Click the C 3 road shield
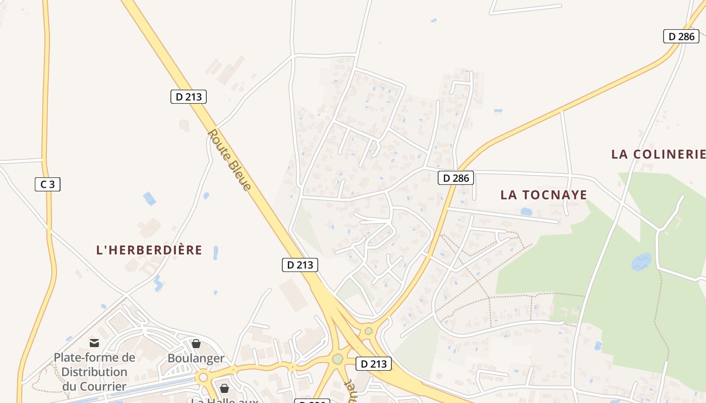click(47, 184)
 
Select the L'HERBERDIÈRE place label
click(149, 250)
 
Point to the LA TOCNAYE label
click(544, 195)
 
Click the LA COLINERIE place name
click(658, 154)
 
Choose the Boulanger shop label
click(196, 358)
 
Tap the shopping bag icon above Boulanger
click(196, 344)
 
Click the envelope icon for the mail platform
click(94, 344)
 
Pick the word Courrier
click(94, 386)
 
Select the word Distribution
click(94, 372)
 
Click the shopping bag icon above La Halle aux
click(224, 388)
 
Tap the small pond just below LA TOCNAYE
click(526, 212)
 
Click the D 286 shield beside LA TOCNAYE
click(456, 178)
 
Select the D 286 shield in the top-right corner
click(681, 36)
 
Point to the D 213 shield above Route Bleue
click(189, 97)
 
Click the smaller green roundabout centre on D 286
click(369, 331)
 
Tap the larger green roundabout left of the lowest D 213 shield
click(337, 359)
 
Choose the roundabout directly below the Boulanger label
click(203, 377)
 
